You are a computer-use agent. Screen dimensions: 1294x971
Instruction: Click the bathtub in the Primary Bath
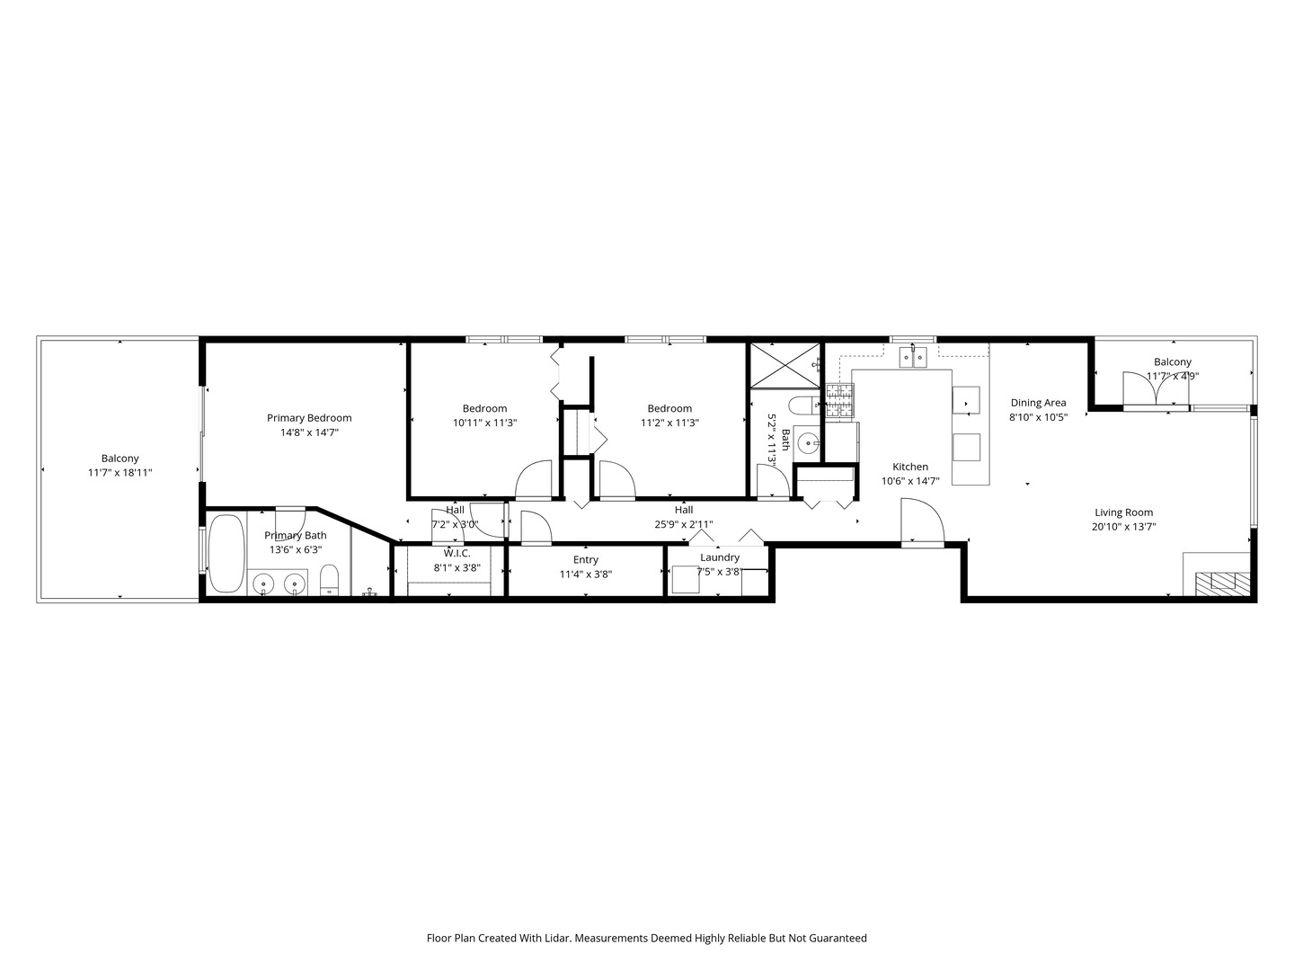tap(227, 554)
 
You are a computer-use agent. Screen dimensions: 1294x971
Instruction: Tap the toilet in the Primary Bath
tap(329, 580)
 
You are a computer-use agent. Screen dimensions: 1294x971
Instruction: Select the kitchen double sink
tap(913, 357)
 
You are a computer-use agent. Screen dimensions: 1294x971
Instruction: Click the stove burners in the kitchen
tap(839, 401)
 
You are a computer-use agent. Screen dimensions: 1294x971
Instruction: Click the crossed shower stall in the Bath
tap(784, 365)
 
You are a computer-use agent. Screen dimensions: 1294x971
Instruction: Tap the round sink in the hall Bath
tap(806, 442)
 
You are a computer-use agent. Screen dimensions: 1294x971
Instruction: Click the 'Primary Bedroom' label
tap(309, 418)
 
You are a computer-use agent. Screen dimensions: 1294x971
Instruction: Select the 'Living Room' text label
tap(1123, 512)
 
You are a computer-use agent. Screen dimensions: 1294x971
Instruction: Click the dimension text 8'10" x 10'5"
tap(1038, 417)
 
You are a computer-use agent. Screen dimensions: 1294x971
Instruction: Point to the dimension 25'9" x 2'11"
tap(684, 524)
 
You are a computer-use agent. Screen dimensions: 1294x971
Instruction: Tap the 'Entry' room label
tap(585, 559)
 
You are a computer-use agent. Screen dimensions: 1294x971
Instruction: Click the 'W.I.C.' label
tap(456, 554)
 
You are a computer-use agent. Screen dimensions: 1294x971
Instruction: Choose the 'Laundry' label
tap(720, 557)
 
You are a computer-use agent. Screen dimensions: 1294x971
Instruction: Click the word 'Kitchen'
tap(910, 467)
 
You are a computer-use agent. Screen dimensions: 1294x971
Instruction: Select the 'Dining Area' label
tap(1038, 403)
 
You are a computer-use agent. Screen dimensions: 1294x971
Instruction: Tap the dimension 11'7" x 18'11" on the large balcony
tap(120, 472)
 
